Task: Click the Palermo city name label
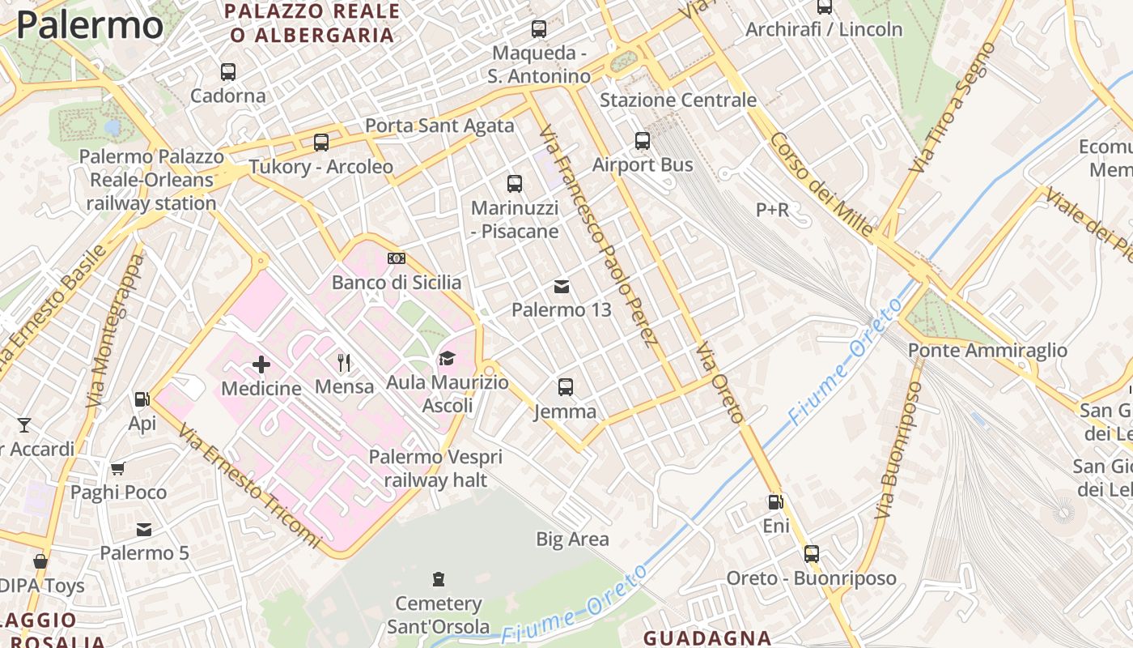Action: click(89, 24)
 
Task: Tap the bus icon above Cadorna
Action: click(228, 72)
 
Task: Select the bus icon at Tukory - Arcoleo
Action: click(321, 143)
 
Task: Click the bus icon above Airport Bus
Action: click(643, 141)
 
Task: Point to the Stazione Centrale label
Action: click(677, 100)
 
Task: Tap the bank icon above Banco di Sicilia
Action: click(397, 258)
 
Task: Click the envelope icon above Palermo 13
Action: click(562, 287)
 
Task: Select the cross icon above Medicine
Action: click(261, 364)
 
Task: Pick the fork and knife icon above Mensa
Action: click(345, 362)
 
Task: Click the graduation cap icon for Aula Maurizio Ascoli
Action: click(447, 358)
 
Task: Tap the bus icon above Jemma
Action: click(566, 387)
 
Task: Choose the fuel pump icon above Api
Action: click(142, 399)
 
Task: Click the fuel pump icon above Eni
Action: click(775, 502)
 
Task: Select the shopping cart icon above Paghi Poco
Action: click(118, 468)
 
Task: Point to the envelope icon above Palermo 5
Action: click(144, 530)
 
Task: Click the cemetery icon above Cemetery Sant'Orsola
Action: click(439, 579)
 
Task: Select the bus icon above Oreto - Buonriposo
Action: click(812, 555)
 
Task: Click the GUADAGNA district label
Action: click(707, 637)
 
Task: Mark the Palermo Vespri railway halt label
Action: click(435, 468)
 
